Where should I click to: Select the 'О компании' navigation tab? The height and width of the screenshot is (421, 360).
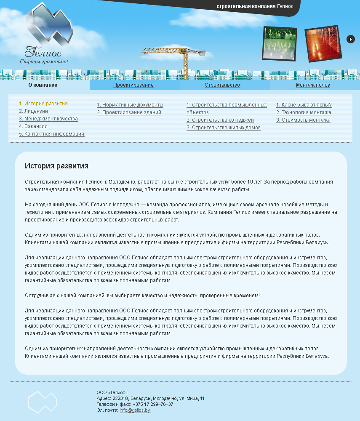click(x=43, y=85)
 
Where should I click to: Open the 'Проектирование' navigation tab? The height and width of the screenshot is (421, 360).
click(x=133, y=85)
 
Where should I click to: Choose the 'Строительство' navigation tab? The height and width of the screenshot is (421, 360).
click(x=222, y=85)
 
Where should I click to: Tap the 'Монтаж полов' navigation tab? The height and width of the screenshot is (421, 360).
click(x=313, y=85)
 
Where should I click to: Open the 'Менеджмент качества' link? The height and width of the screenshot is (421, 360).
click(x=48, y=119)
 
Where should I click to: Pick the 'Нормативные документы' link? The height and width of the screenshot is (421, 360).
click(x=130, y=105)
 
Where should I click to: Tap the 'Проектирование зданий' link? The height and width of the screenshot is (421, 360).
click(x=129, y=112)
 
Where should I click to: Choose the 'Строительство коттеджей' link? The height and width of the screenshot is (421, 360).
click(x=220, y=120)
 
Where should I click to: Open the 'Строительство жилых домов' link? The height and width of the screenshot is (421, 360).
click(x=224, y=128)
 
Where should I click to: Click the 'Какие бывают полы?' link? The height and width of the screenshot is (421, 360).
click(x=304, y=105)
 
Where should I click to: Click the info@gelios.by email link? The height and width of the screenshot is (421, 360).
click(x=135, y=410)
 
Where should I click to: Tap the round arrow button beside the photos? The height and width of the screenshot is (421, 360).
click(x=351, y=39)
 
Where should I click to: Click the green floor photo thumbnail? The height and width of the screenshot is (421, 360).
click(x=280, y=43)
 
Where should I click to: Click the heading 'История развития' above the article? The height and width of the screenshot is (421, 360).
click(x=56, y=166)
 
